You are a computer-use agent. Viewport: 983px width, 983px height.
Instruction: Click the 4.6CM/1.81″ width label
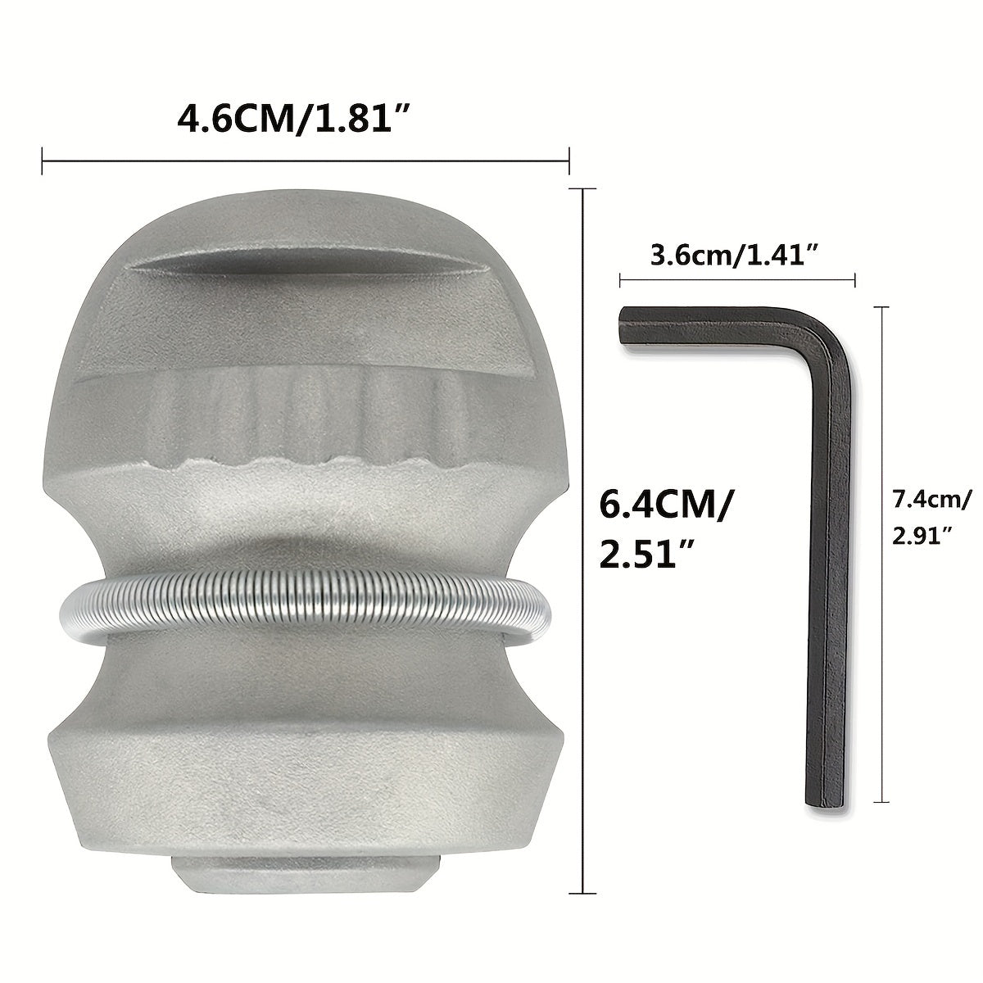[293, 118]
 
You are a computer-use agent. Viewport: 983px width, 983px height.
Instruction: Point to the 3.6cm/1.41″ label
[736, 255]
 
